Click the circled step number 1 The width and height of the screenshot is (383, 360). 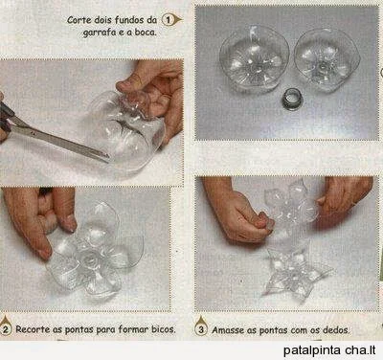168,20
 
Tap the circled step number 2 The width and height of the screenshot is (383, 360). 6,329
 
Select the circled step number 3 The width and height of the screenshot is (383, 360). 201,329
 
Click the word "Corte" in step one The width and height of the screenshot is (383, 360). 75,20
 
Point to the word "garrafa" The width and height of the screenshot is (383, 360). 96,33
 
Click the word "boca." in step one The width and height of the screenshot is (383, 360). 146,32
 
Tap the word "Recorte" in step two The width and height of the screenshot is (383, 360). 33,329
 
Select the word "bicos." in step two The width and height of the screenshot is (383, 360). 164,328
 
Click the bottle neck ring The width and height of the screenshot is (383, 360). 291,99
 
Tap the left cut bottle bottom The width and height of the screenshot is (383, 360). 255,59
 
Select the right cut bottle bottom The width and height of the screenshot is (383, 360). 327,59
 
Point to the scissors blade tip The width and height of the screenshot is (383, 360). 109,158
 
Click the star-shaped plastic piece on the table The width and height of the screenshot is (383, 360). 295,275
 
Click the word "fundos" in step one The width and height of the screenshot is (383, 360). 129,20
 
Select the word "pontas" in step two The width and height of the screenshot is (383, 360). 79,329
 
